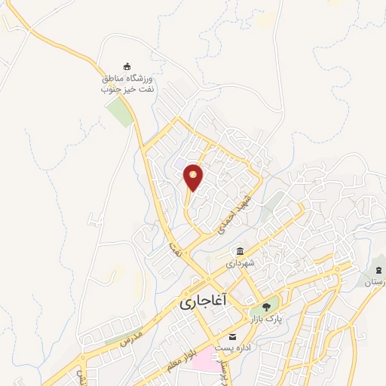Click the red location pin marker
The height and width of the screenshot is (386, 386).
tap(194, 177)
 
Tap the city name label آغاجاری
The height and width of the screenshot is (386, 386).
tap(204, 302)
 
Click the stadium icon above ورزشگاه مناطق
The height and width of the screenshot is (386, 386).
tap(127, 66)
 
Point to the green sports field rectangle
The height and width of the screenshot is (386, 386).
tap(118, 113)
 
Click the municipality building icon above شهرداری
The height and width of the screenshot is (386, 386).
tap(240, 252)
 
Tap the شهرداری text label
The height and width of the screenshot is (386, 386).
tap(240, 264)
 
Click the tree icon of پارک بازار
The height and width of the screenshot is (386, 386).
tap(265, 306)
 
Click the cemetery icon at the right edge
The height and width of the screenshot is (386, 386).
tap(377, 270)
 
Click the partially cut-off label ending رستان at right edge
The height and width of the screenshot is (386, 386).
tap(375, 283)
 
